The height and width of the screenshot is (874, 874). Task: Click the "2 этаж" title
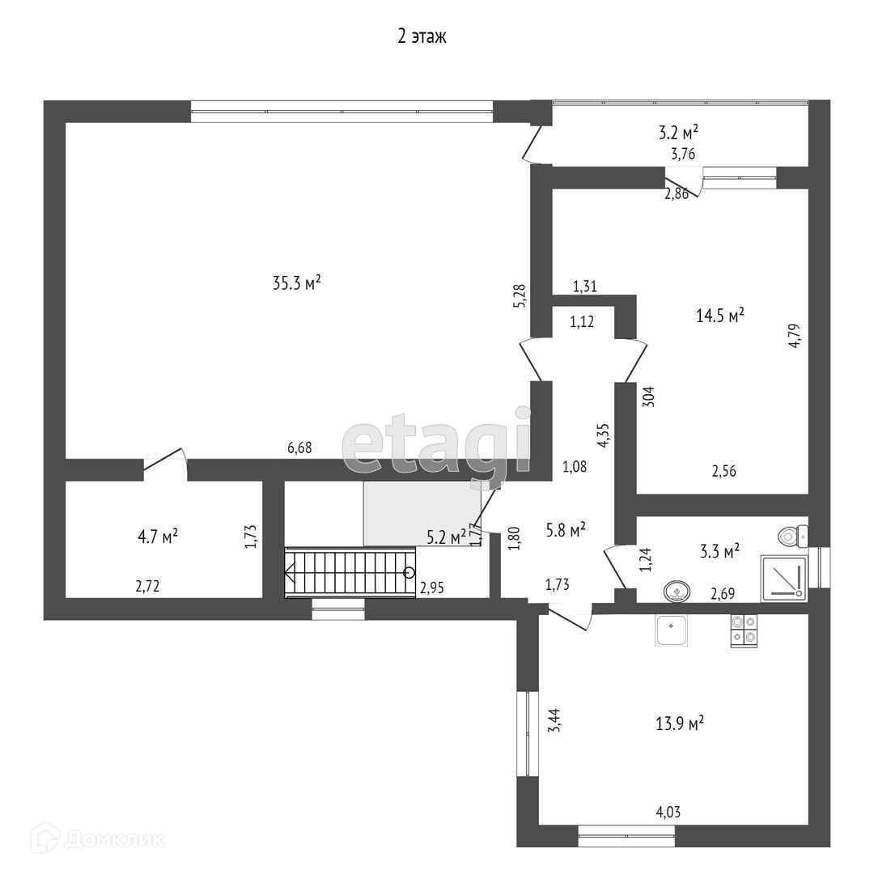coord(422,36)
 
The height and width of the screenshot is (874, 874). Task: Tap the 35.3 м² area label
coord(297,282)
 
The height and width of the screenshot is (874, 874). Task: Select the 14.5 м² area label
coord(720,316)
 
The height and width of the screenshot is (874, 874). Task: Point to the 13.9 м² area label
coord(678,723)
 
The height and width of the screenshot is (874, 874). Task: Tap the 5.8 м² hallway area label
coord(566,530)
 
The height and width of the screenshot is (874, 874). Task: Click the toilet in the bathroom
coord(791,534)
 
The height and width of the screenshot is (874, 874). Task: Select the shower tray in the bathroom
coord(783,579)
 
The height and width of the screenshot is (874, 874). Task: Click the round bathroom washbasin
coord(676,592)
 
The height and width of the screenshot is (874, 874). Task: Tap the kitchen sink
coord(672,631)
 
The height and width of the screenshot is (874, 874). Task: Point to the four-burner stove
coord(744,631)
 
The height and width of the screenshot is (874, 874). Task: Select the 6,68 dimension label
coord(299,448)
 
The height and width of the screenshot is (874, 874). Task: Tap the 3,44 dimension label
coord(554,719)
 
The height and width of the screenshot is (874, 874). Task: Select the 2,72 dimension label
coord(147,587)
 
